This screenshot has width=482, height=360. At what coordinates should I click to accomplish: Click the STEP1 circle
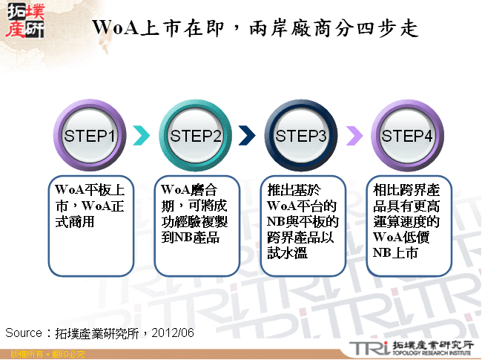pos(90,136)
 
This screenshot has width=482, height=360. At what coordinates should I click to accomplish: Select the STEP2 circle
pos(197,136)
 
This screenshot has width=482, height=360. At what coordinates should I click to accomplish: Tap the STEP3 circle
pos(302,136)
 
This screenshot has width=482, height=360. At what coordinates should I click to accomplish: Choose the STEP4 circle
pos(407,136)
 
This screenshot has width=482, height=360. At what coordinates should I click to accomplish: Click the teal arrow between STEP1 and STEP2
pos(143,136)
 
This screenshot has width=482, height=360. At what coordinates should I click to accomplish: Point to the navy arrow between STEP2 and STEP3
pos(248,136)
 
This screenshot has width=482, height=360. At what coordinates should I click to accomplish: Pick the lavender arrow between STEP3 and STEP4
pos(354,136)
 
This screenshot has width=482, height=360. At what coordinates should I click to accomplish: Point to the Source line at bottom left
pos(100,332)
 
